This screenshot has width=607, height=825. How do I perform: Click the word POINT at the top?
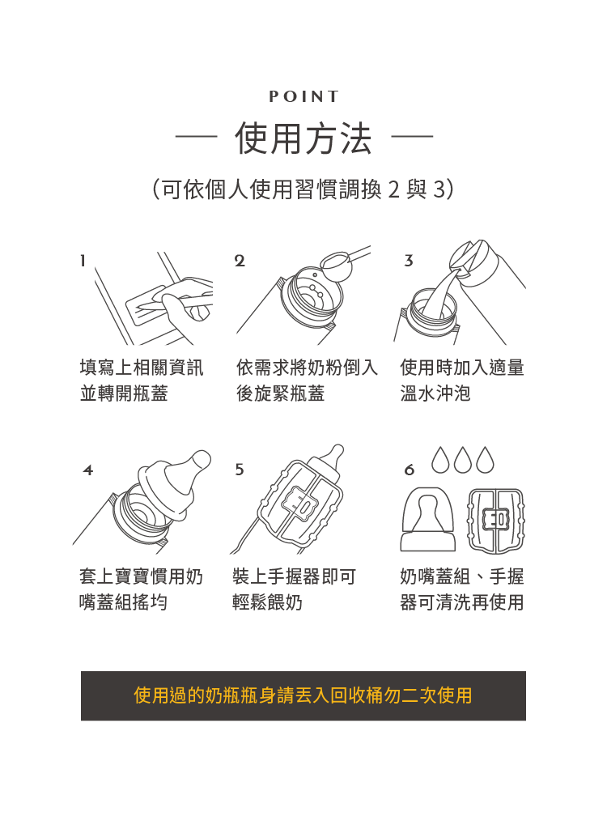(303, 97)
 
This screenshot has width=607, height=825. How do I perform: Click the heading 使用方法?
(303, 139)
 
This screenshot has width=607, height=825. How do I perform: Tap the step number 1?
(83, 261)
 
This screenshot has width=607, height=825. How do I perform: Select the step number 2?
(240, 261)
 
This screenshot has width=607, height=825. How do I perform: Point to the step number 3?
(409, 261)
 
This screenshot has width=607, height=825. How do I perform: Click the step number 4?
(88, 470)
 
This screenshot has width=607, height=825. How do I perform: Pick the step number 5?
(240, 470)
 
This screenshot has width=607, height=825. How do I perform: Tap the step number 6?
(410, 470)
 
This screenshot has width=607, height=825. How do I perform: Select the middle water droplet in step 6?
(463, 460)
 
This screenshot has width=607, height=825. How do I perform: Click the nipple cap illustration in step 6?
(428, 520)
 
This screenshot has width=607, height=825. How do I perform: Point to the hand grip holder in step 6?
(495, 521)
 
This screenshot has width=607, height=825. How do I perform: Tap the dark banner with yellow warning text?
(303, 695)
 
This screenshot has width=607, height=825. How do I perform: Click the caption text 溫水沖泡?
(435, 393)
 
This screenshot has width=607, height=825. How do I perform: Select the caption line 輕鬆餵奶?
(267, 602)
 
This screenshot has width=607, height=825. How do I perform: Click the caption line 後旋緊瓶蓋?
(280, 393)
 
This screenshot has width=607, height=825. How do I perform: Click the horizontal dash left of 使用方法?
(196, 137)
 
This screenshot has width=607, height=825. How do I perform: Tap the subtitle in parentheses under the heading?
(303, 189)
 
